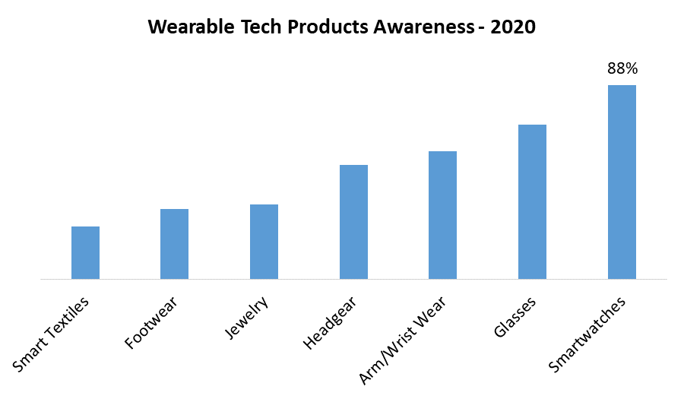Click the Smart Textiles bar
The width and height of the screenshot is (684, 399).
[85, 252]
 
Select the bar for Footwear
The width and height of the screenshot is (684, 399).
[174, 244]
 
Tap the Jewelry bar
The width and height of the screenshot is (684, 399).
[264, 242]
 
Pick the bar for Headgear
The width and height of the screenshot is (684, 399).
[353, 222]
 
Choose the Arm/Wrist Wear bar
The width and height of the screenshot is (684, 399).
[442, 215]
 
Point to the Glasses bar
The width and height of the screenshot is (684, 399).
[532, 201]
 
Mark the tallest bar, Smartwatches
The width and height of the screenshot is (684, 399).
[622, 182]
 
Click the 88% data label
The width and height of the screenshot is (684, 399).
[622, 68]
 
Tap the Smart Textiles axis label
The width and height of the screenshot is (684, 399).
[52, 334]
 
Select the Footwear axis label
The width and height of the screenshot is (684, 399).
[152, 324]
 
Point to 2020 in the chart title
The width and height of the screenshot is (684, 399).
[513, 27]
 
